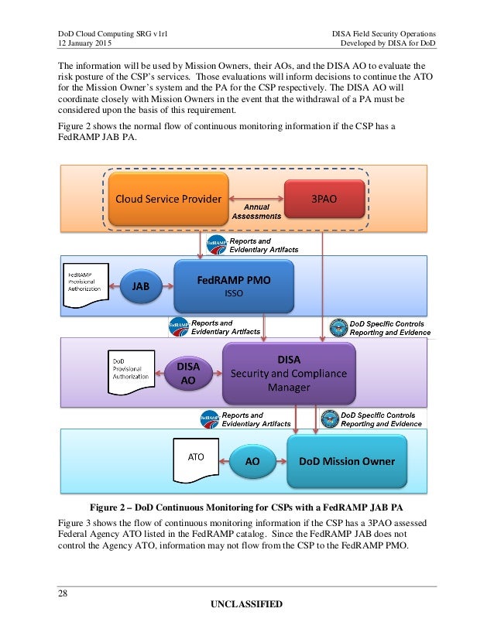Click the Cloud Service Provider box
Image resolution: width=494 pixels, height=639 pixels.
(x=167, y=198)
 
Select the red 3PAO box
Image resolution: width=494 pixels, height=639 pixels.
(x=323, y=198)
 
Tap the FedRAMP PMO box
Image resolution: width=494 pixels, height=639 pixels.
(x=223, y=285)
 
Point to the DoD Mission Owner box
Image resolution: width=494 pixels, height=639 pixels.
(x=346, y=461)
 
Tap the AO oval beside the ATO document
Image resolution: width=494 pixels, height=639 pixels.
(x=252, y=461)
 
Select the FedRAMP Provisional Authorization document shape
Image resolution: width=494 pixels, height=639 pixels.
(x=85, y=285)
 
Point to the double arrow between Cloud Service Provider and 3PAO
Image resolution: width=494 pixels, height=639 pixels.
(x=256, y=198)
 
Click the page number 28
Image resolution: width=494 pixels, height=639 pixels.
(x=63, y=592)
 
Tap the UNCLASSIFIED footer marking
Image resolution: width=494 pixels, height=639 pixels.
(x=248, y=603)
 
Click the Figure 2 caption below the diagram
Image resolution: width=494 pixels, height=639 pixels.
(x=248, y=507)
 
